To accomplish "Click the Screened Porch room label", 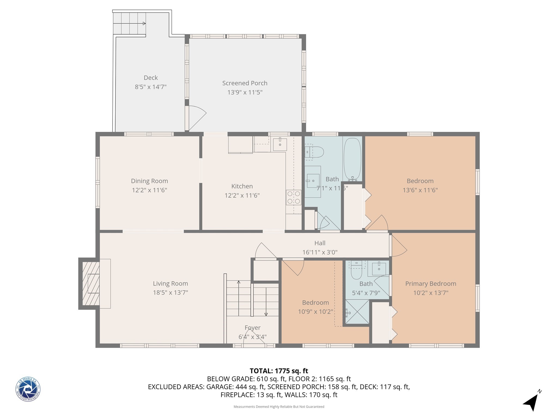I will [245, 83].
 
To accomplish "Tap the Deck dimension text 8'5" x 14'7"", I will [151, 87].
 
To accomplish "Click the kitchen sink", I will [280, 145].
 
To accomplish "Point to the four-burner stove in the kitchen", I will [293, 198].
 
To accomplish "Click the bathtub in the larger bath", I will [352, 159].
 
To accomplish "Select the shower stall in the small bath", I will [357, 312].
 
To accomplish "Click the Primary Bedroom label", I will [430, 284].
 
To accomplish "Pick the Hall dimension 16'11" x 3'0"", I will [320, 252].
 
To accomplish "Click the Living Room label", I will [170, 284].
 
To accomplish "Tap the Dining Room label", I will [149, 181].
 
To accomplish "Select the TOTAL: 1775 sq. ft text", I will [279, 371].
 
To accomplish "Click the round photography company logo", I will [28, 389].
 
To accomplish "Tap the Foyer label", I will [252, 328].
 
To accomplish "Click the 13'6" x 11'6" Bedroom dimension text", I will [420, 190].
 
